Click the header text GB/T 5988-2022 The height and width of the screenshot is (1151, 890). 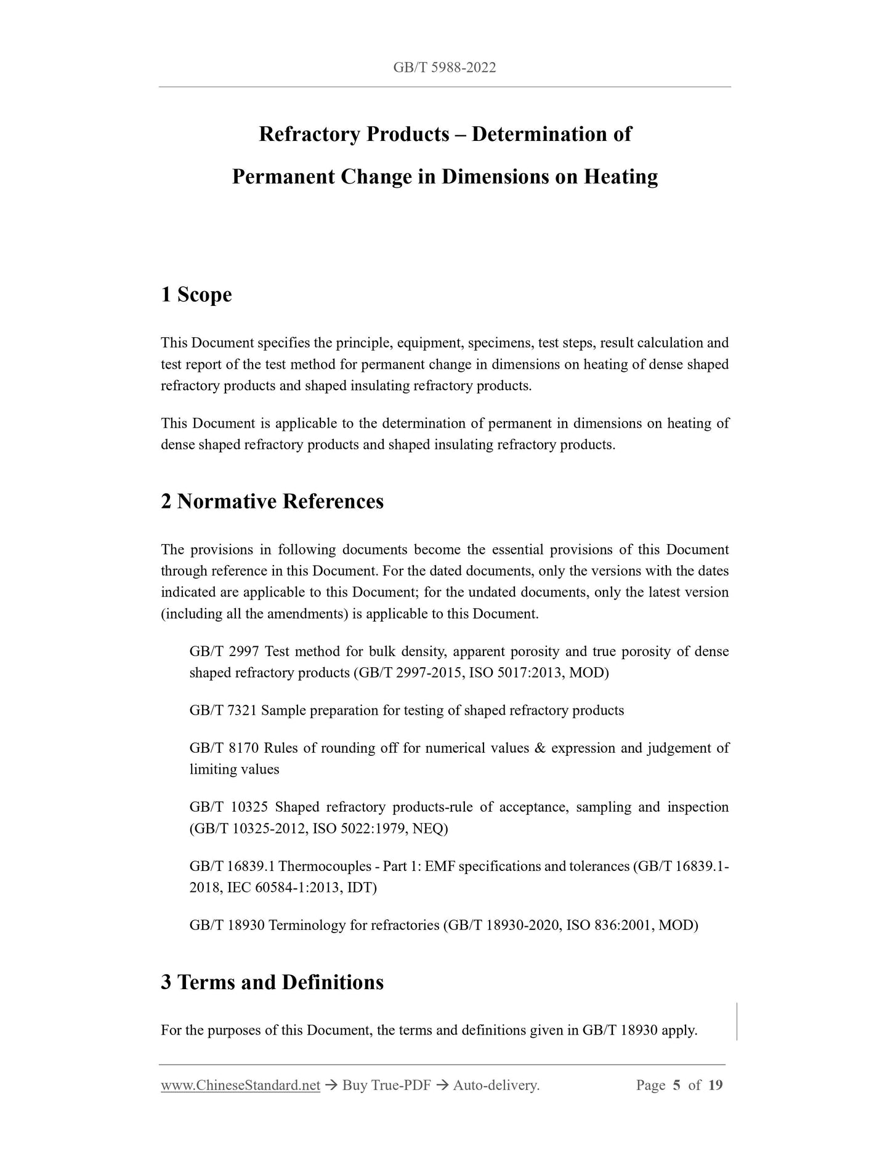pyautogui.click(x=444, y=68)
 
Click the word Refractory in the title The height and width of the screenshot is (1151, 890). pyautogui.click(x=310, y=134)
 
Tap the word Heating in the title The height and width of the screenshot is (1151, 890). pyautogui.click(x=621, y=177)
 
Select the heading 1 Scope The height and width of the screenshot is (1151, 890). pyautogui.click(x=196, y=295)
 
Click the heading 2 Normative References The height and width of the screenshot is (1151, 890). pyautogui.click(x=272, y=501)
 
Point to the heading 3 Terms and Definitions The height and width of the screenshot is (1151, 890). pyautogui.click(x=272, y=982)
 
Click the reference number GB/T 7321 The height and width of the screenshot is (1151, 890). pyautogui.click(x=223, y=710)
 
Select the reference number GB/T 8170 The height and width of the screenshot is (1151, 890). pyautogui.click(x=223, y=748)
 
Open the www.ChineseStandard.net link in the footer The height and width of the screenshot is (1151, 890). pyautogui.click(x=240, y=1085)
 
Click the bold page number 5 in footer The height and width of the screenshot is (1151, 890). pyautogui.click(x=676, y=1085)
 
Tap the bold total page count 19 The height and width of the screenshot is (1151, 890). pyautogui.click(x=715, y=1085)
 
